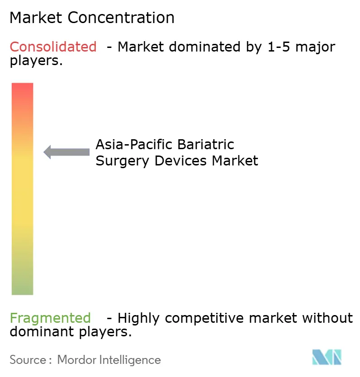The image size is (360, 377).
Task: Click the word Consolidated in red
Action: [x=53, y=47]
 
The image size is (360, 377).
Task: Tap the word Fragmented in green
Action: [x=50, y=318]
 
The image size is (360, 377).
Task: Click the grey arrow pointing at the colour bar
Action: [x=66, y=152]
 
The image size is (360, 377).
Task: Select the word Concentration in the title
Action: [x=122, y=18]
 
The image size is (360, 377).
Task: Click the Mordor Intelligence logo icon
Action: [x=327, y=357]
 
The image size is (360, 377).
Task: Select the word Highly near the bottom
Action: [x=140, y=318]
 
